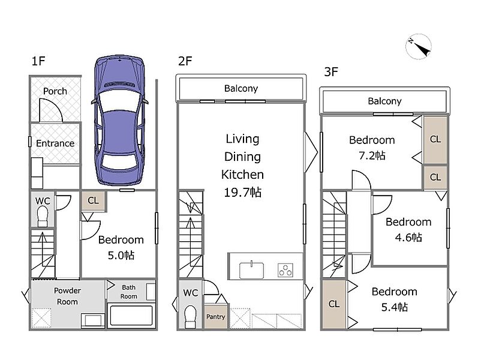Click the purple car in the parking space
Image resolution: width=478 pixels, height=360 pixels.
pos(119,120)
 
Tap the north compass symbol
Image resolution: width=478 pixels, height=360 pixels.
pos(419,46)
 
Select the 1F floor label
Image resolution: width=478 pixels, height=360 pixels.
pos(38,61)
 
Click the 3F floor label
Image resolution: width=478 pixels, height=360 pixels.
pos(331,72)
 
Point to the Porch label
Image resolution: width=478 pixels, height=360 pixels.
pos(55,91)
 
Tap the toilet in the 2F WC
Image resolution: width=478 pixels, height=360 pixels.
pos(191,317)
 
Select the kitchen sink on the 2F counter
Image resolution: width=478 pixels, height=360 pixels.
pos(251,270)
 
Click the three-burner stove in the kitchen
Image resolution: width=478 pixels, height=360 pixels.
pos(285,271)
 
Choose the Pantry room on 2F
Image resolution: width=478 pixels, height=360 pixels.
pos(215,316)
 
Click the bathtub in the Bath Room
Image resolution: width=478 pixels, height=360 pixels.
pos(131,316)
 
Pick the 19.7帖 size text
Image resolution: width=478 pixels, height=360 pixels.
pos(243,193)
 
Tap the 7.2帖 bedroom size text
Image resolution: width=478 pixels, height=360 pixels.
pos(372,155)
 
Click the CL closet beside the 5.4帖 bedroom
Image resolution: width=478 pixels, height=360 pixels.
pos(334,304)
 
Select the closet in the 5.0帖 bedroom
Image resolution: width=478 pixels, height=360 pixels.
pos(94,201)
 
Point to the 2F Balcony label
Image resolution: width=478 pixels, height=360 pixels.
pos(241,88)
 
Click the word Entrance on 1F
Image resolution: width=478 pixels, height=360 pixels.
pos(55,143)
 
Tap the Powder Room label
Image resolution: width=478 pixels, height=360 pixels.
pos(67,296)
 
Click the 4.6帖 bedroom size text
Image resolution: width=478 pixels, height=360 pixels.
pos(408,238)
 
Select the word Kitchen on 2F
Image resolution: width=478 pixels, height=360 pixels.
pos(243,175)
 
